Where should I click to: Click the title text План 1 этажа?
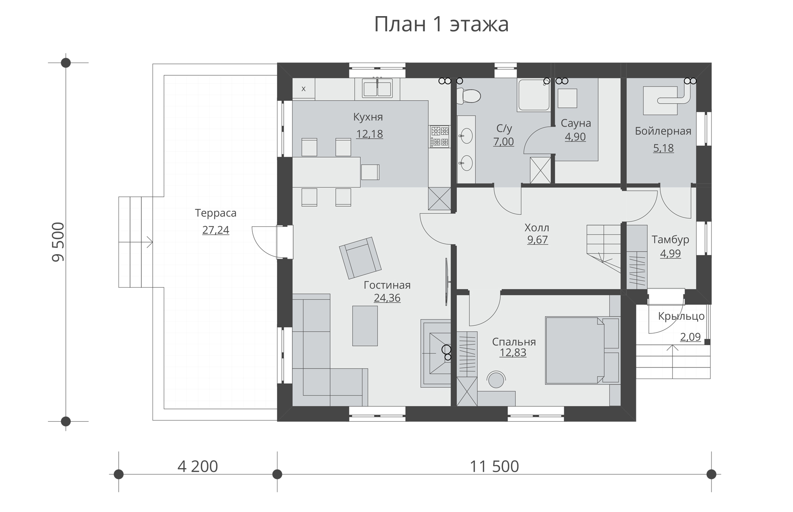pyautogui.click(x=441, y=24)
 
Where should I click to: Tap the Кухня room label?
pyautogui.click(x=368, y=117)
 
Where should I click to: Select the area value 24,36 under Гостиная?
pyautogui.click(x=387, y=298)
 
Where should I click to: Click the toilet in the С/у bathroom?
pyautogui.click(x=469, y=95)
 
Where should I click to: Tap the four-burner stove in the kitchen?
pyautogui.click(x=439, y=137)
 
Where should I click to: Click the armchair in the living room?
pyautogui.click(x=360, y=258)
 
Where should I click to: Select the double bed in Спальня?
pyautogui.click(x=577, y=350)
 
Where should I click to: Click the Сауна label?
pyautogui.click(x=576, y=123)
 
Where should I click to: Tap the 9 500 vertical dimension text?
pyautogui.click(x=59, y=242)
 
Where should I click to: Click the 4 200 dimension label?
pyautogui.click(x=197, y=466)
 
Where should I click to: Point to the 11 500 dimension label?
pyautogui.click(x=494, y=466)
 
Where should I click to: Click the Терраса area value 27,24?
pyautogui.click(x=215, y=230)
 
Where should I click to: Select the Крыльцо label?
pyautogui.click(x=681, y=316)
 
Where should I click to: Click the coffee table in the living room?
pyautogui.click(x=365, y=326)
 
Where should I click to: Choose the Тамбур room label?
pyautogui.click(x=670, y=239)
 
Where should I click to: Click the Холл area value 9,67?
pyautogui.click(x=537, y=240)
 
